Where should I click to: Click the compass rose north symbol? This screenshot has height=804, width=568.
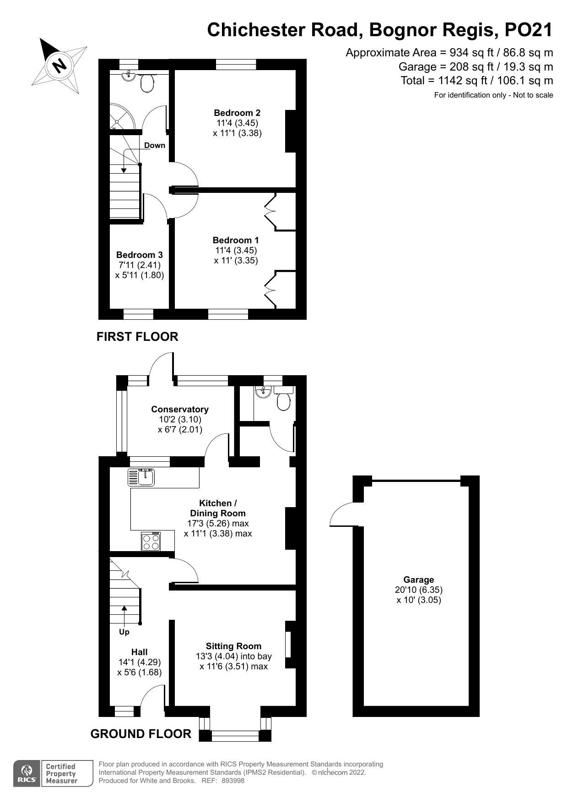click(59, 65)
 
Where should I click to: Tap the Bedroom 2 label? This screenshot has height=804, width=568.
click(237, 113)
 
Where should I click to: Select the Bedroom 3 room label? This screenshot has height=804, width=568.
click(139, 255)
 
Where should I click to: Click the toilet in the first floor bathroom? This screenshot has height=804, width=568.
click(147, 83)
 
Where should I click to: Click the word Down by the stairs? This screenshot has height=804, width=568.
click(155, 145)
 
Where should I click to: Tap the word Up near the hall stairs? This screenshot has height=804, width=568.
click(124, 632)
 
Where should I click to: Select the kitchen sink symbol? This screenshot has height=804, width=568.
click(141, 477)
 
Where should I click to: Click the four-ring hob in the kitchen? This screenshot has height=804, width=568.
click(151, 542)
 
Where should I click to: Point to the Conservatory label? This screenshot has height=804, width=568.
click(180, 409)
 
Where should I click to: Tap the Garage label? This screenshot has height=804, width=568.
click(418, 580)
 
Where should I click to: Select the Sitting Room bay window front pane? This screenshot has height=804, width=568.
click(235, 736)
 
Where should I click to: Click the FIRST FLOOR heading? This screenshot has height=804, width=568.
click(137, 337)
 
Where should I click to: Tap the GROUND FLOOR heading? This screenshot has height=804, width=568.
click(141, 734)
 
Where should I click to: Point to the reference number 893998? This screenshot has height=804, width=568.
click(233, 781)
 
